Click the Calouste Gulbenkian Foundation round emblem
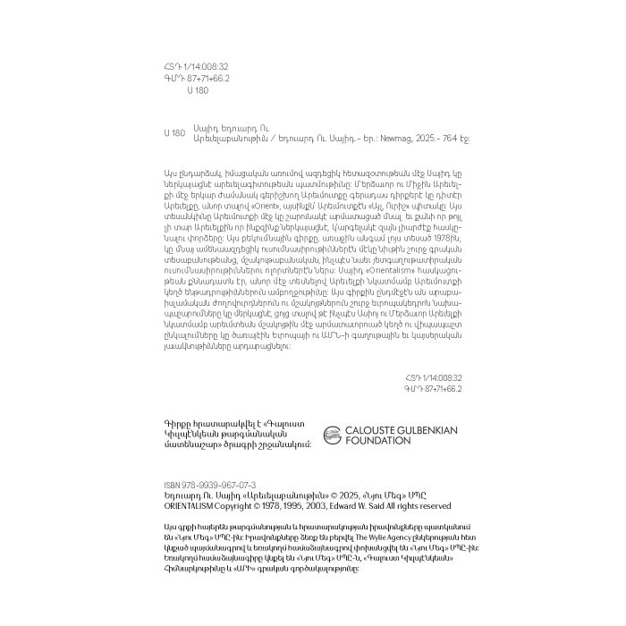pyautogui.click(x=332, y=436)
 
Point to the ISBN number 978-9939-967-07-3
pyautogui.click(x=221, y=483)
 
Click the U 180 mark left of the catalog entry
pyautogui.click(x=174, y=132)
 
